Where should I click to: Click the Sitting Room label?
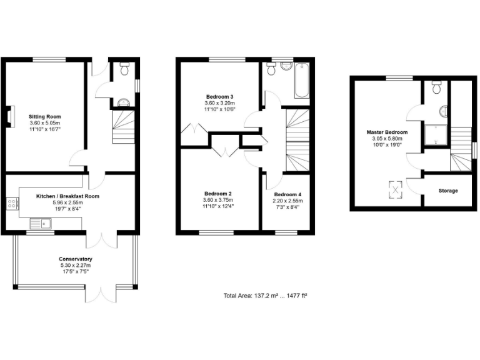coord(45,116)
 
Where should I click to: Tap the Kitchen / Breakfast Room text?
coord(67,196)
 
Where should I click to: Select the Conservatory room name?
coord(76,259)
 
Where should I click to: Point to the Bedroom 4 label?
coord(287,194)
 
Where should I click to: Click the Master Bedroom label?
coord(387,132)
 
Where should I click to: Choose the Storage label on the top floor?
coord(447,191)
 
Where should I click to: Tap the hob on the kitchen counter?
coord(11,203)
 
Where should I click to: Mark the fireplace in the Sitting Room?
coord(9,117)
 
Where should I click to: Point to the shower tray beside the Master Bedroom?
coord(434,136)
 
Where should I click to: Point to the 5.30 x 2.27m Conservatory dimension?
coord(76,265)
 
